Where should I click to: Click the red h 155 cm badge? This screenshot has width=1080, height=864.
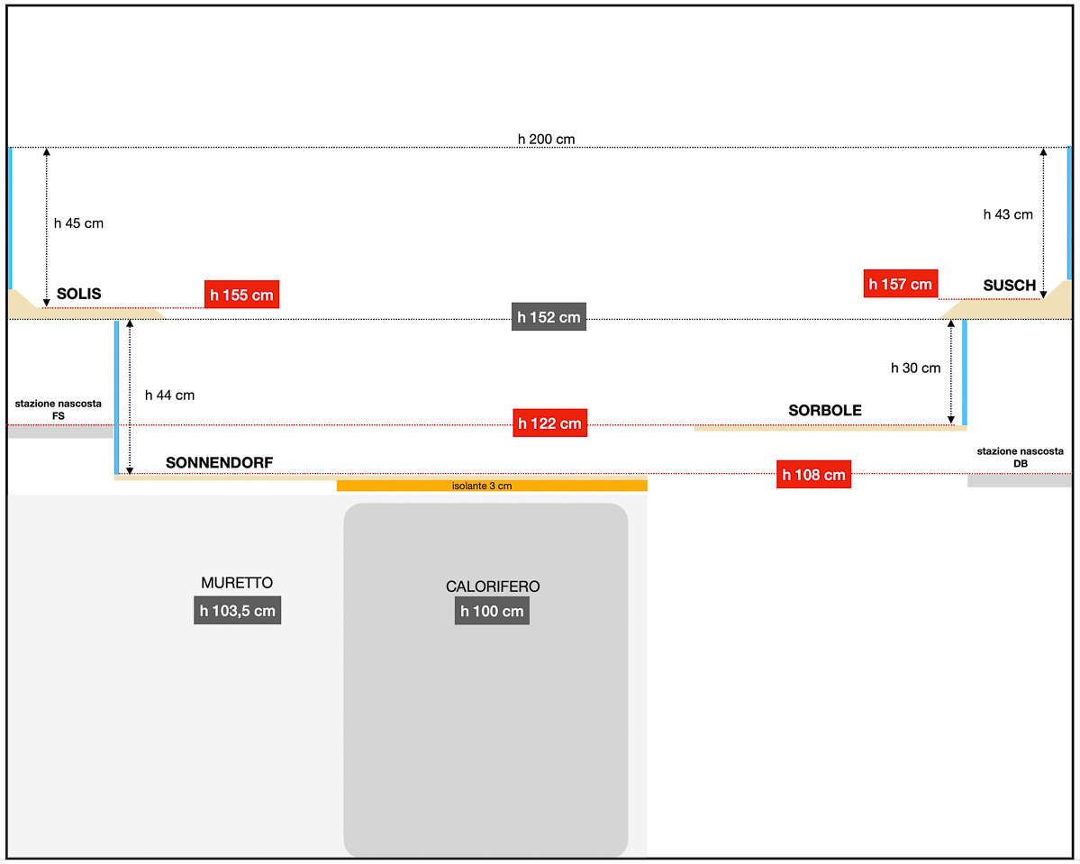click(241, 295)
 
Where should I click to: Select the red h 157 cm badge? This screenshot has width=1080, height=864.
click(900, 284)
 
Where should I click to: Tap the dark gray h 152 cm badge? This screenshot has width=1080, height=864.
click(549, 317)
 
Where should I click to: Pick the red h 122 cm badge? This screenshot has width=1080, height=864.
click(549, 423)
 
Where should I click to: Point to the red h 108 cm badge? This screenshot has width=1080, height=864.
click(813, 475)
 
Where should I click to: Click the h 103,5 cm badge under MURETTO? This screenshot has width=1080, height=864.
click(238, 610)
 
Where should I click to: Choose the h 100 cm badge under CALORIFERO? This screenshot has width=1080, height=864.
click(492, 611)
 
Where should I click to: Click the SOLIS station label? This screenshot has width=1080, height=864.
click(79, 294)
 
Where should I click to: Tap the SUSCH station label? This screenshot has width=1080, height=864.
click(1009, 286)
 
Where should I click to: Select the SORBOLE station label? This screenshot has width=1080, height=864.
click(825, 410)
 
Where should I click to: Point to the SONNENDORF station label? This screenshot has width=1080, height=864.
click(219, 463)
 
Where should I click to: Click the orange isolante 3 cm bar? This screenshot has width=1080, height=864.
click(492, 487)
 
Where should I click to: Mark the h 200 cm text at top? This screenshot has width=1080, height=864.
click(546, 139)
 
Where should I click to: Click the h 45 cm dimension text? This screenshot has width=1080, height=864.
click(78, 223)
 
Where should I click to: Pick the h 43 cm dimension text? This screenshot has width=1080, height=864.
click(1008, 214)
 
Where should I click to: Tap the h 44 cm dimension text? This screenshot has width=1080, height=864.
click(169, 395)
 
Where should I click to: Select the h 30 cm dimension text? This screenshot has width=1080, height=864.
click(915, 368)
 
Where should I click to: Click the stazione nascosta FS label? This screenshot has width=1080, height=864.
click(59, 409)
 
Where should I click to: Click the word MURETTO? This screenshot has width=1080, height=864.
click(237, 583)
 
